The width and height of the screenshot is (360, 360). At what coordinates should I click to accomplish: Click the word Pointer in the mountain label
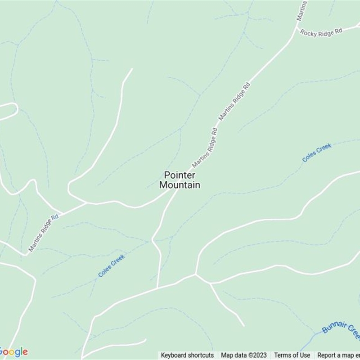[x=179, y=175]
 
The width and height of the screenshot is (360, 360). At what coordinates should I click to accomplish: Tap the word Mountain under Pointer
[x=180, y=184]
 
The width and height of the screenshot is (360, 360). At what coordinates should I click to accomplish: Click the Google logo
[x=13, y=352]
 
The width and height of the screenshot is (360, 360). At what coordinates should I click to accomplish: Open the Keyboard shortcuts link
[x=187, y=355]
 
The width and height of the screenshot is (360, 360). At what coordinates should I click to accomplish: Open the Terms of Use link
[x=292, y=355]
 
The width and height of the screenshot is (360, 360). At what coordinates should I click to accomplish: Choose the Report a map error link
[x=338, y=355]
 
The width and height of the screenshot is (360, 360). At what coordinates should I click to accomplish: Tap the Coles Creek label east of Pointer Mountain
[x=317, y=153]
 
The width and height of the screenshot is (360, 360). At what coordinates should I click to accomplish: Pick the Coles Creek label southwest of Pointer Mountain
[x=111, y=265]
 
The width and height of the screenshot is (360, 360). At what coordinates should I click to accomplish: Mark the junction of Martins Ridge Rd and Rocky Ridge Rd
[x=297, y=28]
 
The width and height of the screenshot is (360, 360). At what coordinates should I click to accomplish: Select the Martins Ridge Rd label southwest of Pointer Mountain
[x=43, y=232]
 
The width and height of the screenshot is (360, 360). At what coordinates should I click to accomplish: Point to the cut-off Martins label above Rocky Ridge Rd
[x=301, y=10]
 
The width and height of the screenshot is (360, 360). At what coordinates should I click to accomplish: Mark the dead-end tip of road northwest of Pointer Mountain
[x=132, y=69]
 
